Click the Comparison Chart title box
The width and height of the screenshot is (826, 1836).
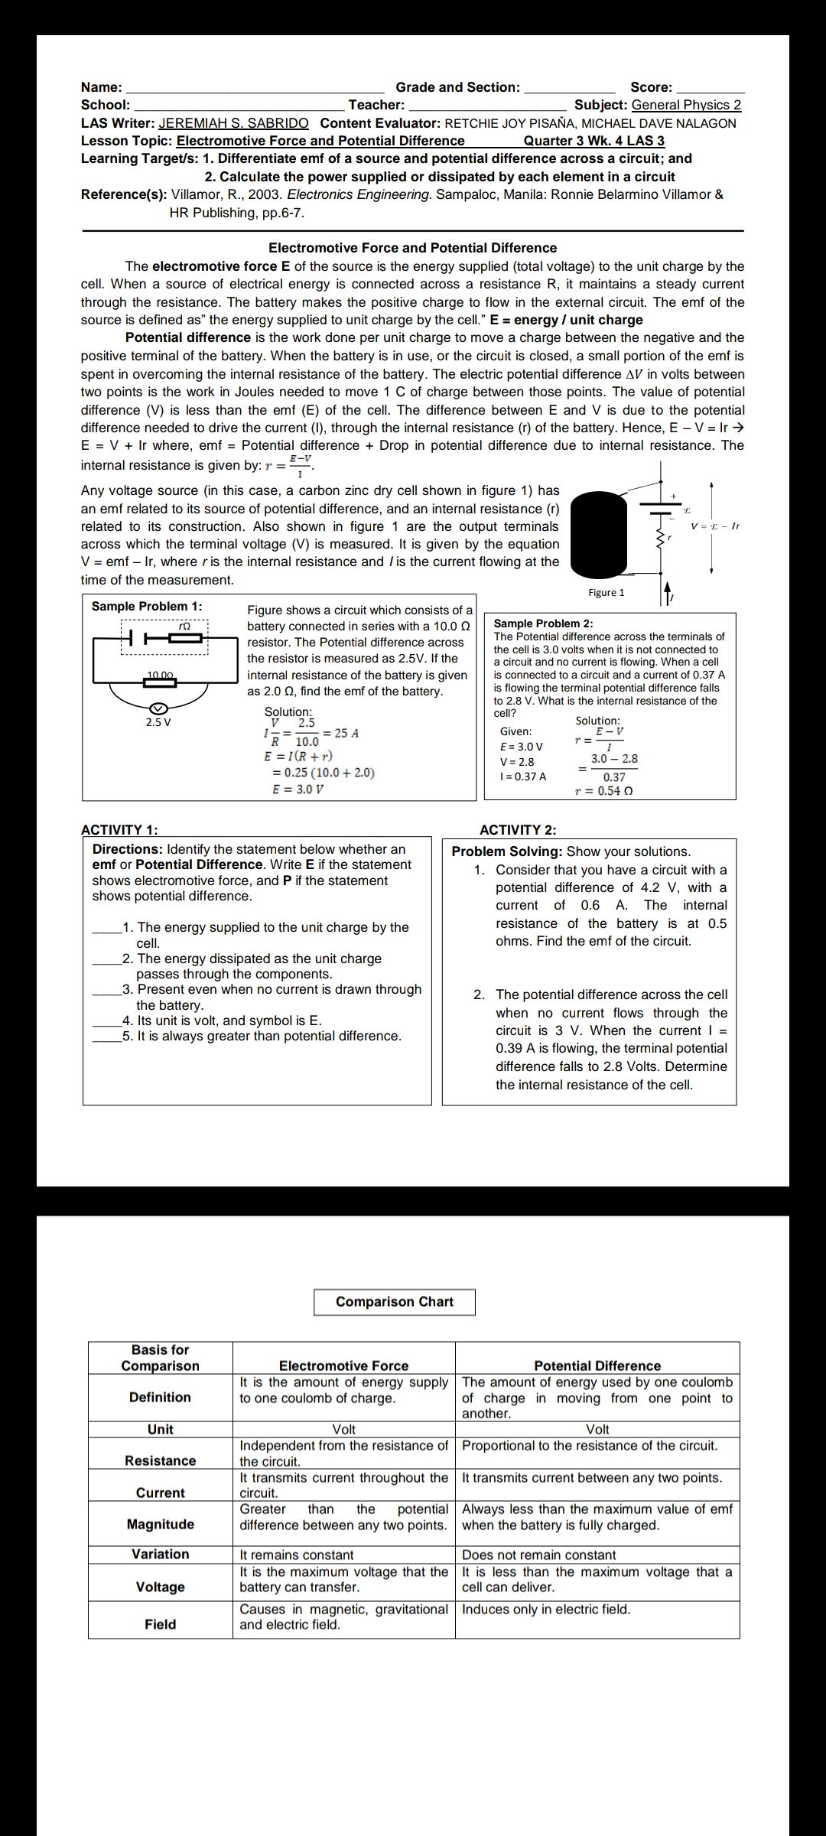click(x=394, y=1302)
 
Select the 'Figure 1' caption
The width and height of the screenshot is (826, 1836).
click(x=606, y=593)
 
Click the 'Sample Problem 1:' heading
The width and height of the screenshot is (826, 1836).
click(x=147, y=607)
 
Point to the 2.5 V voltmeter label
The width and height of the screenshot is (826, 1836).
click(x=158, y=722)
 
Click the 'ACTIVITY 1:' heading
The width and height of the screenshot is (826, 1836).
click(x=119, y=830)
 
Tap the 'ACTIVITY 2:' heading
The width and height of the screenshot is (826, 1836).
click(x=518, y=830)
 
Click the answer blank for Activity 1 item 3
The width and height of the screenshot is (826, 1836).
click(x=107, y=990)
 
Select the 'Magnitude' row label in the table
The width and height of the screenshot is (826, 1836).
click(x=161, y=1524)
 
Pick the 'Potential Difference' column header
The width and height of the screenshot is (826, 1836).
click(x=597, y=1366)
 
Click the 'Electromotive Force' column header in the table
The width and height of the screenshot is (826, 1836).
click(x=343, y=1366)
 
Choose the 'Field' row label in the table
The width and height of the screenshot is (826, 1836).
click(x=161, y=1624)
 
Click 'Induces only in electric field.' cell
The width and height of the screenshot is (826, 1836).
click(x=546, y=1609)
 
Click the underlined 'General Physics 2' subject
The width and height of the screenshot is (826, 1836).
click(x=686, y=105)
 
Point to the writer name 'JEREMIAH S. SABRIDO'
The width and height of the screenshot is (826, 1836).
click(x=233, y=123)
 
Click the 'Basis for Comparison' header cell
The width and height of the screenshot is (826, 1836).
click(x=161, y=1358)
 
